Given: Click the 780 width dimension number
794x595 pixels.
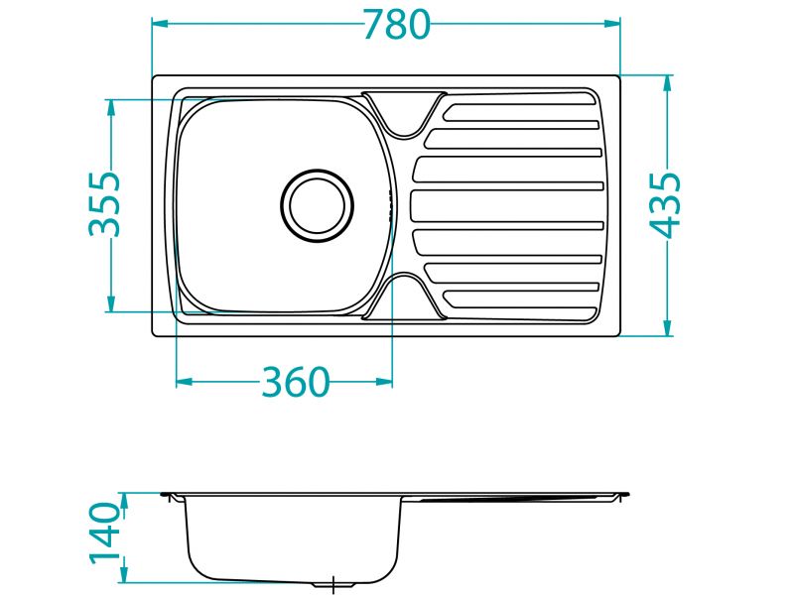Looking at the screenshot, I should [x=396, y=24].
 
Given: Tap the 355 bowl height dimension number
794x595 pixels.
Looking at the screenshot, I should [x=104, y=204].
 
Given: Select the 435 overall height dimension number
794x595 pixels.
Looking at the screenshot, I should [x=666, y=204].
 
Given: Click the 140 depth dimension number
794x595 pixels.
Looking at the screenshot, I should [x=105, y=534].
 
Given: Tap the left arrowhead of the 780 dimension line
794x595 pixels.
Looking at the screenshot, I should [x=159, y=24].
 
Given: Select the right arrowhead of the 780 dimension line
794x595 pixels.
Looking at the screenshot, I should [x=613, y=24].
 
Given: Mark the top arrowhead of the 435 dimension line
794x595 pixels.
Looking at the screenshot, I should [x=667, y=82].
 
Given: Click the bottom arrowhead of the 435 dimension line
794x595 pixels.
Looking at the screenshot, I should [x=667, y=329].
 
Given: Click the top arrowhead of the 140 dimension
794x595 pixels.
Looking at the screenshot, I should [x=124, y=498].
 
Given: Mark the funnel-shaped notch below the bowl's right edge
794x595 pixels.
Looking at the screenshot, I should [x=403, y=296].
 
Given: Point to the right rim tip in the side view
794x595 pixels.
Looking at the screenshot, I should [x=625, y=493].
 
